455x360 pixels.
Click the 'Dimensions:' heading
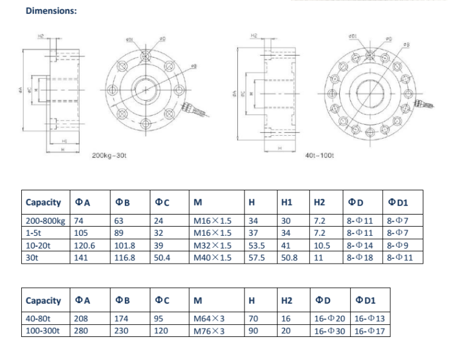50,12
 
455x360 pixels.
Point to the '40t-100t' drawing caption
319,156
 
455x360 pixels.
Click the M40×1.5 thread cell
212,258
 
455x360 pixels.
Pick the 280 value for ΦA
80,332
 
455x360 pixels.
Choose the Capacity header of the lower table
43,301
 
